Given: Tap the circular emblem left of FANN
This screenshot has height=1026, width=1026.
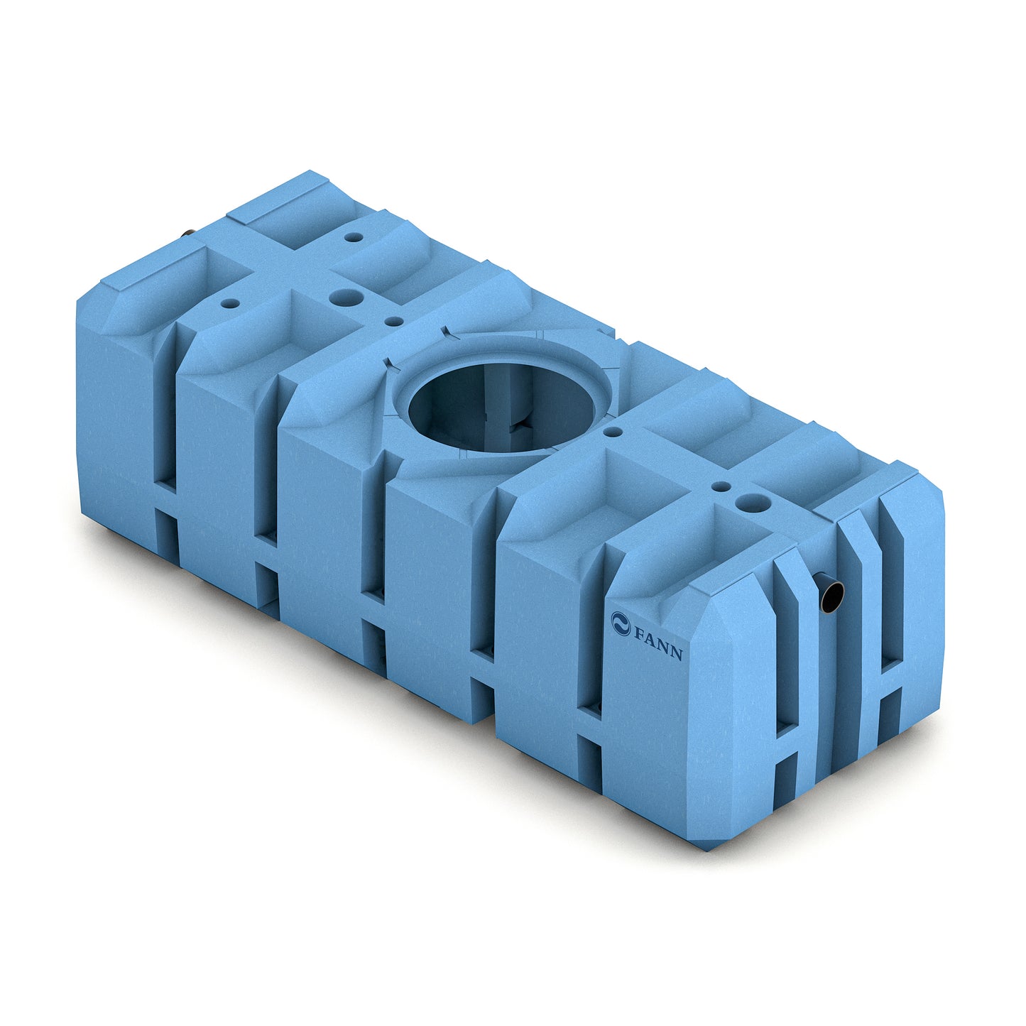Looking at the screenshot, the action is point(621,623).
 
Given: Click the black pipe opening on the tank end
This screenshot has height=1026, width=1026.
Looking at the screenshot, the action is point(831,596).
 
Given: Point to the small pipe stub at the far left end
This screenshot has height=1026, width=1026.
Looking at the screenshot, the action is point(188,233).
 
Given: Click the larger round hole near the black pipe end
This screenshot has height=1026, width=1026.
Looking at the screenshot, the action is point(753,501).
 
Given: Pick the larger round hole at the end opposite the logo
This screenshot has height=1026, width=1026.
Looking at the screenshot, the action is point(346,297).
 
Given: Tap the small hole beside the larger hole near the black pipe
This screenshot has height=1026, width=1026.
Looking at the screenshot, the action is point(721,486).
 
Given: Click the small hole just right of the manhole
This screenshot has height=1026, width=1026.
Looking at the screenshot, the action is point(613,431).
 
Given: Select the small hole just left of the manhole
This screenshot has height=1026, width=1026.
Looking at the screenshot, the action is point(393,321).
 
